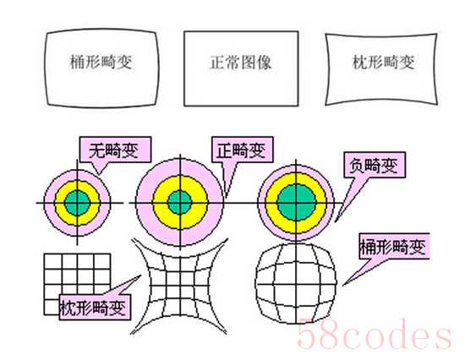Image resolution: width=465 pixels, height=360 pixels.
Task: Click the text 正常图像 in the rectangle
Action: click(240, 63)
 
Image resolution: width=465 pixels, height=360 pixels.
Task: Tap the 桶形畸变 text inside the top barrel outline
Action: click(101, 62)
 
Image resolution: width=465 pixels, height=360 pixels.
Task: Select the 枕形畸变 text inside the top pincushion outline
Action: click(384, 62)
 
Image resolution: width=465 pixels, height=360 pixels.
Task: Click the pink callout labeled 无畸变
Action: click(115, 150)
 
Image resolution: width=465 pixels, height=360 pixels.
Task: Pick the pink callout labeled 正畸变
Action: click(243, 150)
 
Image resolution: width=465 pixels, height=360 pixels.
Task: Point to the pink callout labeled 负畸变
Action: click(375, 165)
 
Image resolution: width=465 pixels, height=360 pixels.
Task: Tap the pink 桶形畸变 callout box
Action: click(394, 246)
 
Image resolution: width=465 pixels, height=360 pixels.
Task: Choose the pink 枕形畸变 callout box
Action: click(95, 308)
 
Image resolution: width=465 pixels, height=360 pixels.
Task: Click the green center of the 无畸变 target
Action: click(77, 203)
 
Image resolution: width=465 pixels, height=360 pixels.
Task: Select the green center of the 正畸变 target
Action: click(180, 203)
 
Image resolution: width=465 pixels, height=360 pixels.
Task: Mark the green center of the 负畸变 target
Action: click(296, 203)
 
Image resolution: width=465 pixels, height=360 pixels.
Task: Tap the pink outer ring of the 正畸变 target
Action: click(144, 203)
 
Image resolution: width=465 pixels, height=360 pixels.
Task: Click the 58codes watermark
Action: click(375, 334)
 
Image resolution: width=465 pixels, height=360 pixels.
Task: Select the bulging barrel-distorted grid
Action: click(296, 284)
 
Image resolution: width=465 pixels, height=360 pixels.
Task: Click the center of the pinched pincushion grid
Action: click(180, 286)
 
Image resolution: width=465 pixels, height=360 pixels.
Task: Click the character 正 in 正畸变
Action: click(224, 150)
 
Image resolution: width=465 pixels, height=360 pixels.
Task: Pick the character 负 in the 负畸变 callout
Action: click(357, 166)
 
